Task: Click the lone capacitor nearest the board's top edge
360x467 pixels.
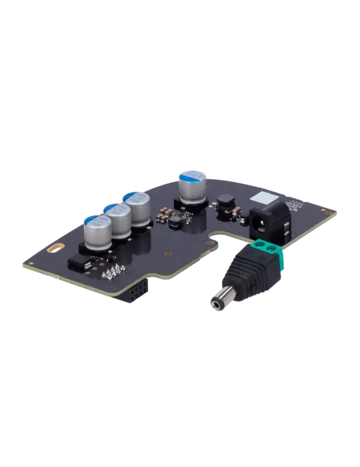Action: [x=191, y=188]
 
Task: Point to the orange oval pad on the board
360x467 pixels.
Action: [x=56, y=249]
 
